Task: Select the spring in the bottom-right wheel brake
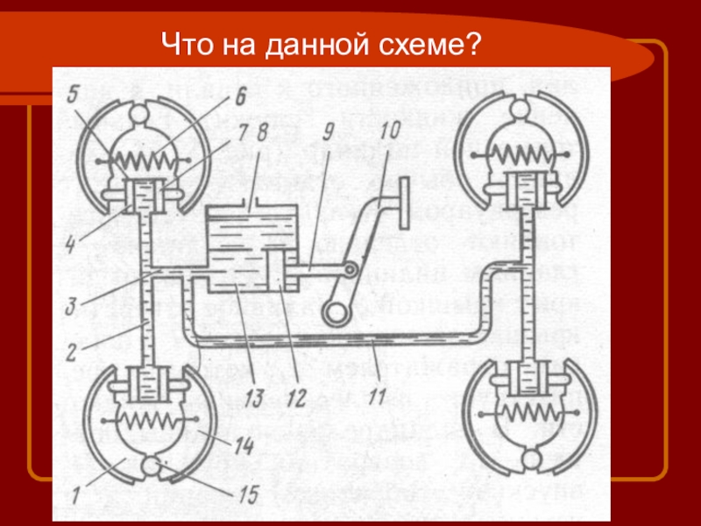coord(523,412)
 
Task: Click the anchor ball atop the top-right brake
coord(522,109)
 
